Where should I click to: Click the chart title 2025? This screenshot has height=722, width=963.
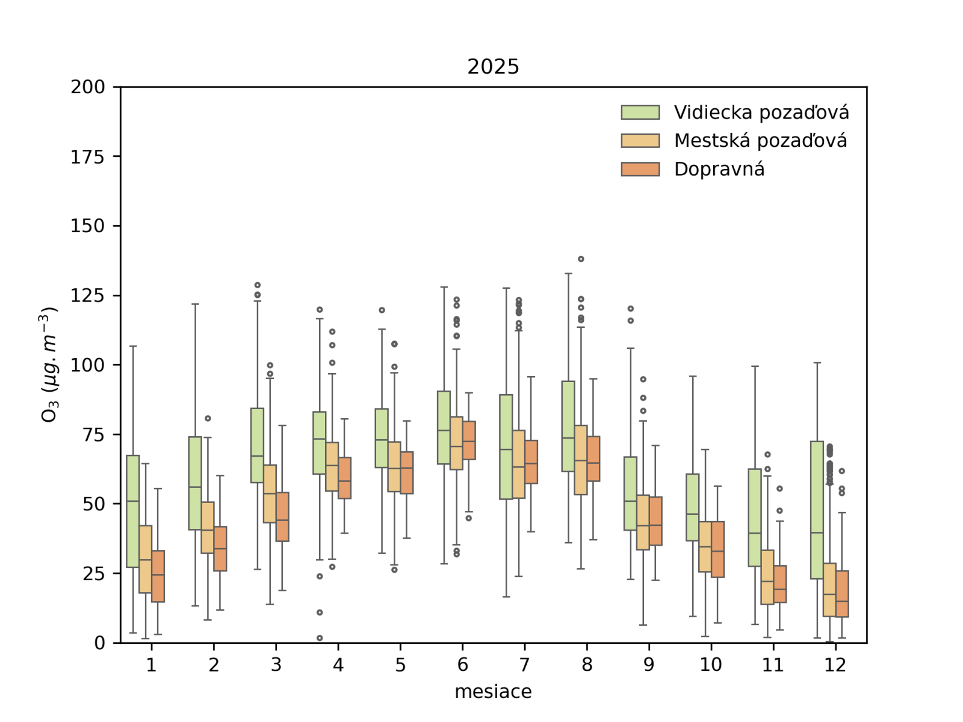pyautogui.click(x=493, y=67)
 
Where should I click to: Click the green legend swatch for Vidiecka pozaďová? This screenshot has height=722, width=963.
pyautogui.click(x=640, y=113)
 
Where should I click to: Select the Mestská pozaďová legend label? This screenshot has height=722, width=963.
pyautogui.click(x=760, y=141)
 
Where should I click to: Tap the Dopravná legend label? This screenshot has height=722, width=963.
pyautogui.click(x=719, y=169)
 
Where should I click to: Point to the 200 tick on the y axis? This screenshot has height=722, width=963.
pyautogui.click(x=88, y=87)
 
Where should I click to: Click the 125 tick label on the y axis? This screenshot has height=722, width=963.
pyautogui.click(x=88, y=295)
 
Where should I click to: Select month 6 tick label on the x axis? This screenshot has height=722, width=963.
pyautogui.click(x=462, y=665)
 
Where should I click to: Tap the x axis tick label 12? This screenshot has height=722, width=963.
pyautogui.click(x=835, y=665)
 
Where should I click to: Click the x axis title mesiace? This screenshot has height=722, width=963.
pyautogui.click(x=493, y=692)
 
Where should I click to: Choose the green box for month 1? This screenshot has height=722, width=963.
pyautogui.click(x=133, y=511)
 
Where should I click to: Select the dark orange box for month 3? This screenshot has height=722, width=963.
pyautogui.click(x=282, y=517)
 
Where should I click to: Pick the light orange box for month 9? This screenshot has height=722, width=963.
pyautogui.click(x=643, y=522)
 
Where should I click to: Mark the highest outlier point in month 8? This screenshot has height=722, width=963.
pyautogui.click(x=581, y=259)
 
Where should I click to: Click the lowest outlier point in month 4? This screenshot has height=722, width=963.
pyautogui.click(x=320, y=638)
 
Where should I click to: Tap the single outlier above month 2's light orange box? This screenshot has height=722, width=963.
pyautogui.click(x=208, y=418)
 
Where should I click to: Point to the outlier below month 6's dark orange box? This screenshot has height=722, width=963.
pyautogui.click(x=469, y=518)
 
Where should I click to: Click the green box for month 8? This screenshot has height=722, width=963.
pyautogui.click(x=568, y=426)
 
